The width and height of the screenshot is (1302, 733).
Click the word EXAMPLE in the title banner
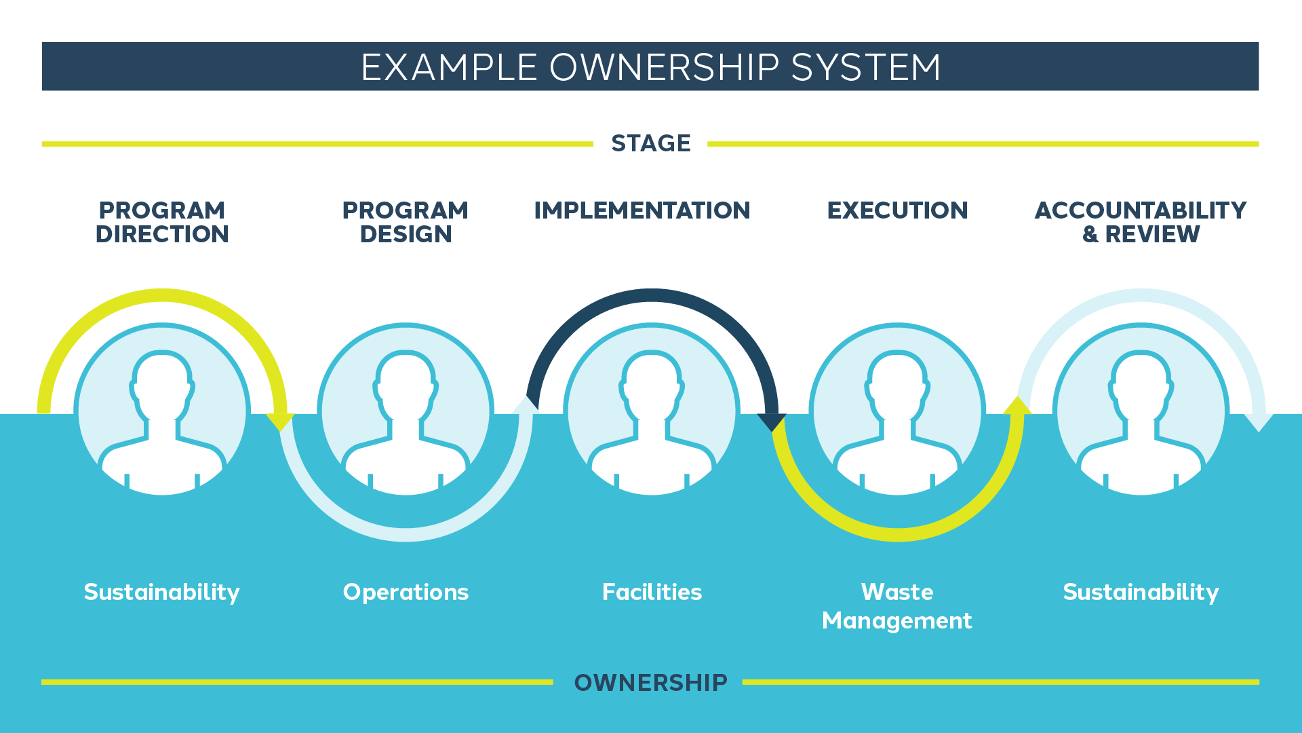(x=449, y=67)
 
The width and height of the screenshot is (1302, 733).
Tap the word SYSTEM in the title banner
(x=866, y=67)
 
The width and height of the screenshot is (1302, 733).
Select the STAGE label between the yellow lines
(x=651, y=143)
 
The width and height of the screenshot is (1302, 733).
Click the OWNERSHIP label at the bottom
(x=650, y=682)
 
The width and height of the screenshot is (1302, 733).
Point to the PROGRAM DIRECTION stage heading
(x=162, y=222)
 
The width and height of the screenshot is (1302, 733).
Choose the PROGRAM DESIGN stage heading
(x=406, y=222)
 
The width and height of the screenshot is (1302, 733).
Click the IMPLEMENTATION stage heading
(x=642, y=210)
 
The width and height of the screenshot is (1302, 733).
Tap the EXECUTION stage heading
(x=897, y=210)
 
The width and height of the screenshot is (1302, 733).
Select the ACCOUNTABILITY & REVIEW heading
(x=1141, y=222)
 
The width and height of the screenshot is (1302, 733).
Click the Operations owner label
(x=406, y=592)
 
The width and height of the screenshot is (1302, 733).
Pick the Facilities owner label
(x=652, y=592)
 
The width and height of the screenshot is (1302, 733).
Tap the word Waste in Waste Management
(x=897, y=592)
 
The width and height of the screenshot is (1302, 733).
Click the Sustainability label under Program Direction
(x=162, y=592)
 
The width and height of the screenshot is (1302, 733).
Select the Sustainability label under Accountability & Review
(x=1141, y=592)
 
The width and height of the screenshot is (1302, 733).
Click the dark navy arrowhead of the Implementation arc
(x=772, y=421)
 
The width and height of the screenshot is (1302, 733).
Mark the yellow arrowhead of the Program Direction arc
(x=279, y=421)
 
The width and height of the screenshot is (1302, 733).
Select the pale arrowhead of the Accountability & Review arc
(x=1259, y=422)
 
